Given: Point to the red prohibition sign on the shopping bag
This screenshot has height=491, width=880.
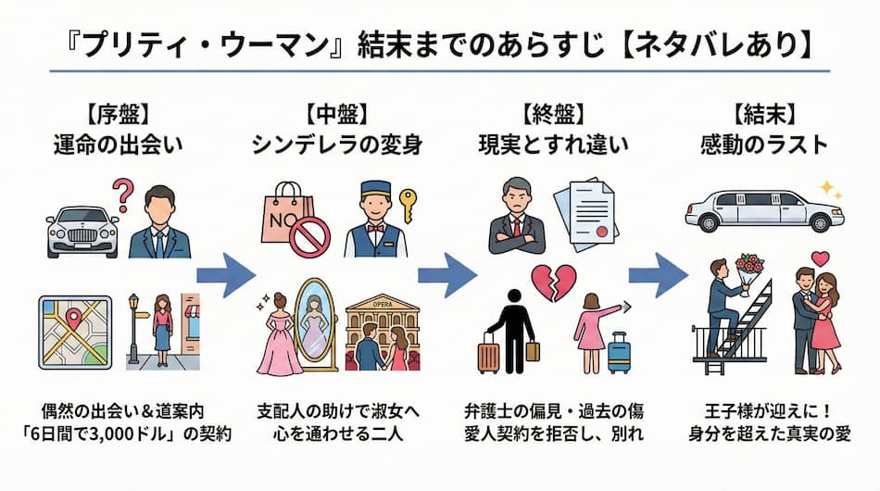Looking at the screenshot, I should [x=309, y=235].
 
